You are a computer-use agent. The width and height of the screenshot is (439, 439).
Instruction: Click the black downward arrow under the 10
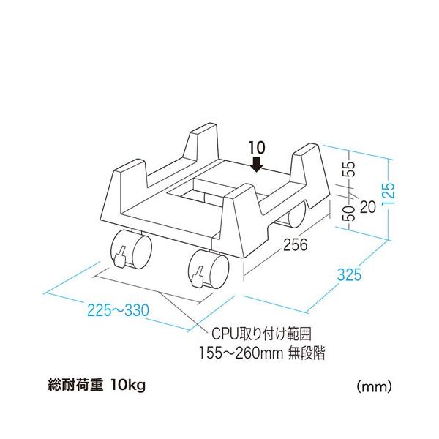257,164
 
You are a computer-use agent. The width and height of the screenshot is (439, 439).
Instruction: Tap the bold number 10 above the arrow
256,148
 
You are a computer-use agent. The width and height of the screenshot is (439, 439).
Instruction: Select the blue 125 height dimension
389,194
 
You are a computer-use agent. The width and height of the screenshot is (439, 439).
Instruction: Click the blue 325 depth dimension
349,274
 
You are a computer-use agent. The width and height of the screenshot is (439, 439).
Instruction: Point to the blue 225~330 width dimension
118,310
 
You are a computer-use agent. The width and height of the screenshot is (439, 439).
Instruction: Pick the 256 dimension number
295,244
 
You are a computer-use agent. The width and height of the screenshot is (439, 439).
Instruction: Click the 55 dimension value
350,169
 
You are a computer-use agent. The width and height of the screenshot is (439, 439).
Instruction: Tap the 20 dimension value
367,207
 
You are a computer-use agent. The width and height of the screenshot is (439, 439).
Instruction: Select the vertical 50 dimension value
350,214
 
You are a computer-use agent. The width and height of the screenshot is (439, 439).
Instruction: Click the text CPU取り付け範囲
261,334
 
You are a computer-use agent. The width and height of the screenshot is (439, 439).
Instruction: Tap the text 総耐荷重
75,386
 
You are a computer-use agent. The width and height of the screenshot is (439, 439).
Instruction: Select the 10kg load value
128,386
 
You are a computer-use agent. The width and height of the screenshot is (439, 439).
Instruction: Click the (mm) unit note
374,386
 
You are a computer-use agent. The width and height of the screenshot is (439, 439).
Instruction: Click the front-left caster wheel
131,249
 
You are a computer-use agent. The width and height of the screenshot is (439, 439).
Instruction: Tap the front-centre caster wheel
209,269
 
